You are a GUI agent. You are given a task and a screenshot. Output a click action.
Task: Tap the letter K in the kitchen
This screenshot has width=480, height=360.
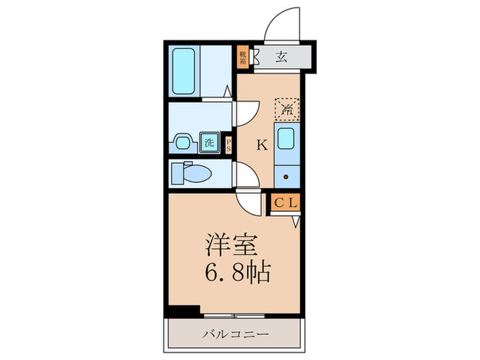click(x=261, y=145)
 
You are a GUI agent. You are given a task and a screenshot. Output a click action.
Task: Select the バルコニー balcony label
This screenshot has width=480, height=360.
click(x=235, y=334)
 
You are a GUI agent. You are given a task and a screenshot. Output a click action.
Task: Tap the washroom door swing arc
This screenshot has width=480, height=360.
click(x=245, y=112)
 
